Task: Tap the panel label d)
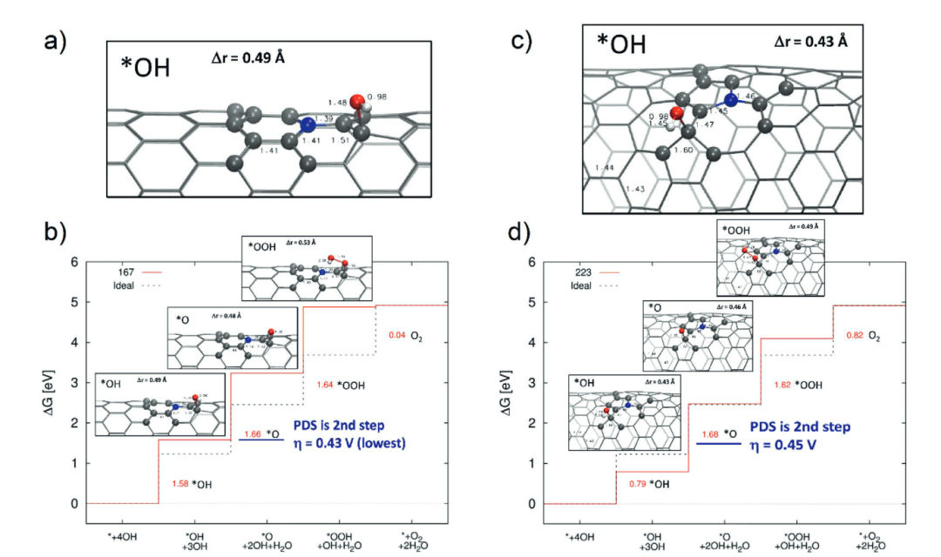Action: (x=520, y=234)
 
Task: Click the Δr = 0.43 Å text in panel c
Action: (x=811, y=43)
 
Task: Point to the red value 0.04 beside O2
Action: (x=397, y=334)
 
